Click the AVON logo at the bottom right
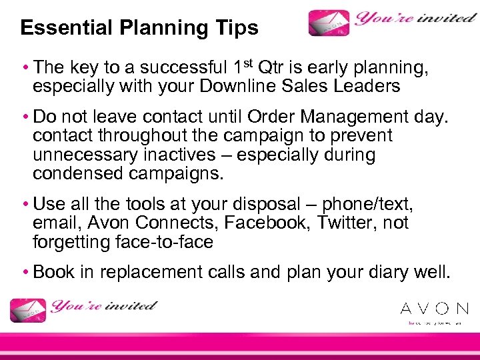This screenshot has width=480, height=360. coord(434,309)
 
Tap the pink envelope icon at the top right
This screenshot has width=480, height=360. coord(330,23)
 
